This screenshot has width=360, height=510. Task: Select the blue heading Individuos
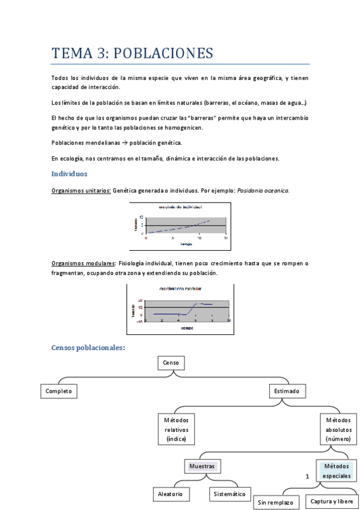tap(69, 173)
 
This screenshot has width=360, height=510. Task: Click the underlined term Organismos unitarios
tap(81, 191)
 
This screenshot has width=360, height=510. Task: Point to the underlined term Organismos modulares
tap(83, 263)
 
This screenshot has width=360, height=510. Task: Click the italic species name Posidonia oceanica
tap(263, 191)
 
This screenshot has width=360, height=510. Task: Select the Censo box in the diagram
tap(171, 363)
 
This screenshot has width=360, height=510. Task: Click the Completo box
tap(59, 391)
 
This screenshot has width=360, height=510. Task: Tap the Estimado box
tap(286, 391)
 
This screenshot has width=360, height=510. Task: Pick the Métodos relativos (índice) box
tap(176, 429)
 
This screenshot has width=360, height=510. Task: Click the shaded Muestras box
tap(202, 466)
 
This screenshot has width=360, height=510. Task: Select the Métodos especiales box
tap(336, 471)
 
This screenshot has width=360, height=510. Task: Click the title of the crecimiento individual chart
tap(180, 207)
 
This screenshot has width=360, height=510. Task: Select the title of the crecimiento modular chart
tap(178, 289)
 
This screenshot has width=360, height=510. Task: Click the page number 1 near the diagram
tap(307, 476)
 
